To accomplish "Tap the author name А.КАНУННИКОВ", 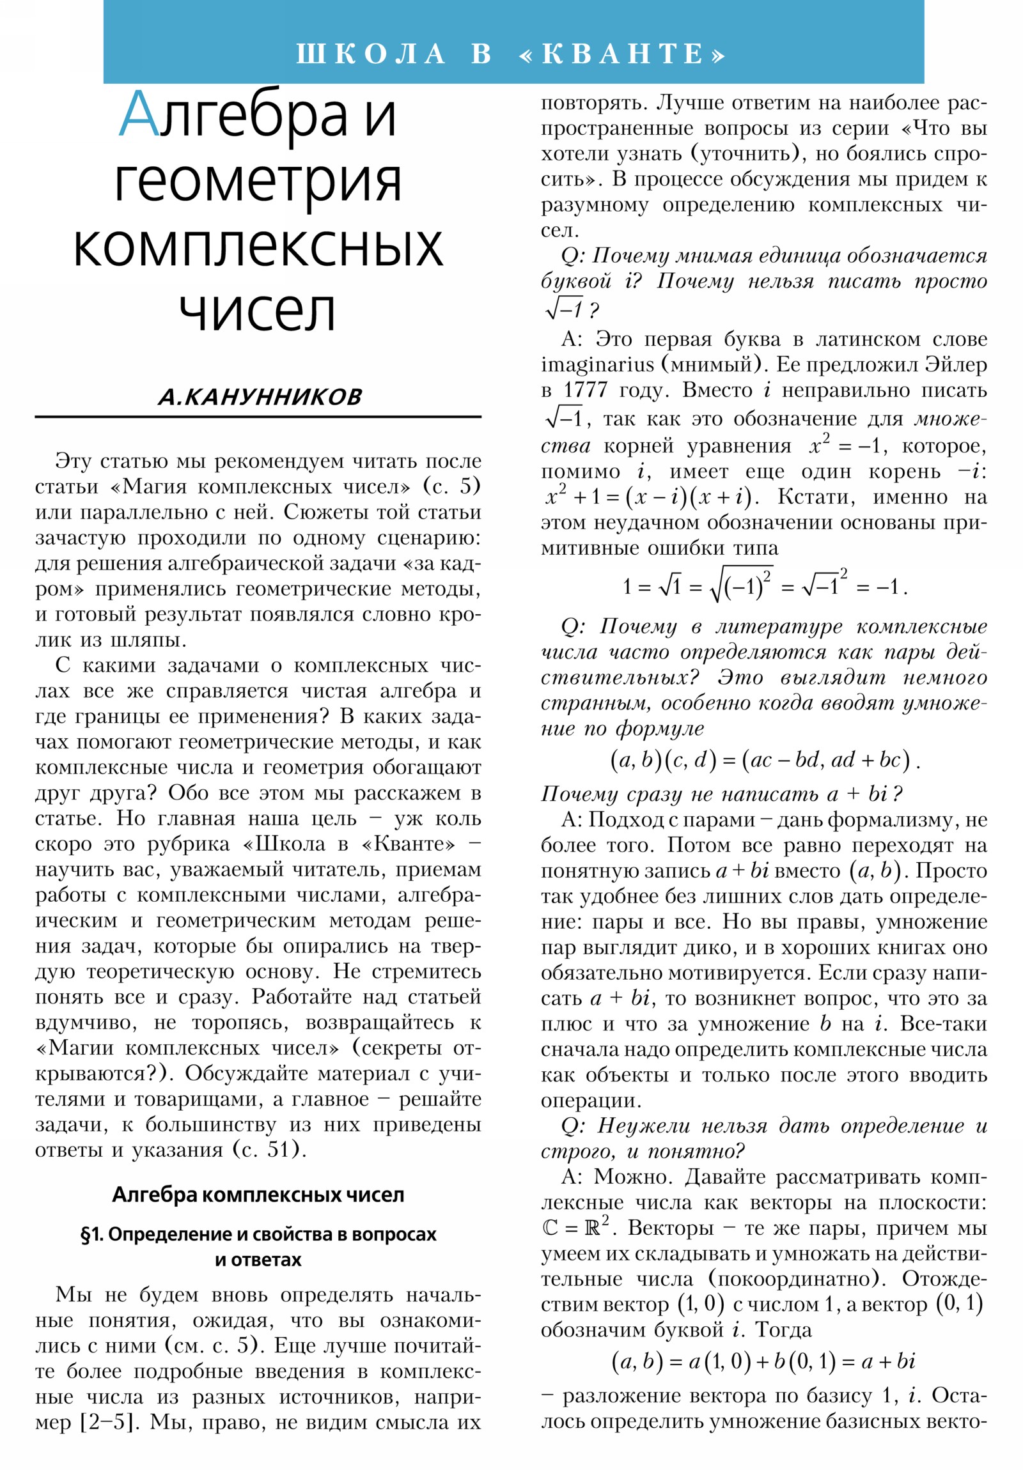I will (x=260, y=397).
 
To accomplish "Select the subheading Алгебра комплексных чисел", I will (x=258, y=1194).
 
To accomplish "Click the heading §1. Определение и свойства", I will (x=258, y=1234).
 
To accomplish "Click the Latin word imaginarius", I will (x=591, y=364).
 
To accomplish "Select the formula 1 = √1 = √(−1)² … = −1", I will (x=763, y=585).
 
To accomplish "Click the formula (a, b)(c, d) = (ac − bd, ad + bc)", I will (x=763, y=760).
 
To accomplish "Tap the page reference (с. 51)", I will (x=266, y=1149).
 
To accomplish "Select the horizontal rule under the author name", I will (x=258, y=417).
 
